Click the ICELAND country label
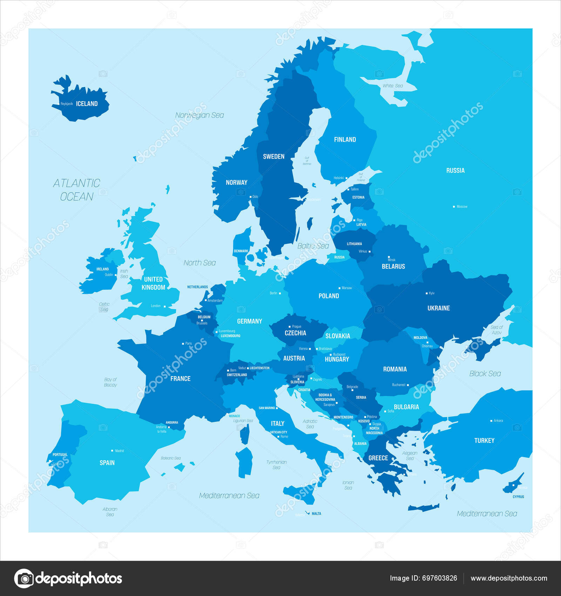tap(87, 104)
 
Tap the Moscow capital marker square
tap(454, 207)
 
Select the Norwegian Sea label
tap(199, 115)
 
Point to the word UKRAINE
tap(438, 308)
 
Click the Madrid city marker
tap(112, 451)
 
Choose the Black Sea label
tap(485, 374)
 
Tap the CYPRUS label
tap(518, 497)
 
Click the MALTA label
tap(316, 514)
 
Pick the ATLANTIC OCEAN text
tap(76, 190)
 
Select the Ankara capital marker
tap(491, 421)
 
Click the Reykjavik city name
tap(67, 104)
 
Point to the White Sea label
tap(392, 86)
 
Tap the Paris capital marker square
tap(183, 344)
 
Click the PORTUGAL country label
tap(60, 455)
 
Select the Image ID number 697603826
tap(439, 578)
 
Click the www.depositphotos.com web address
tap(508, 578)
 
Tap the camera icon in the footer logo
tap(24, 578)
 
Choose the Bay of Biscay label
tap(110, 382)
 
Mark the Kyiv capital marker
tap(427, 293)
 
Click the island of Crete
tap(423, 508)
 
